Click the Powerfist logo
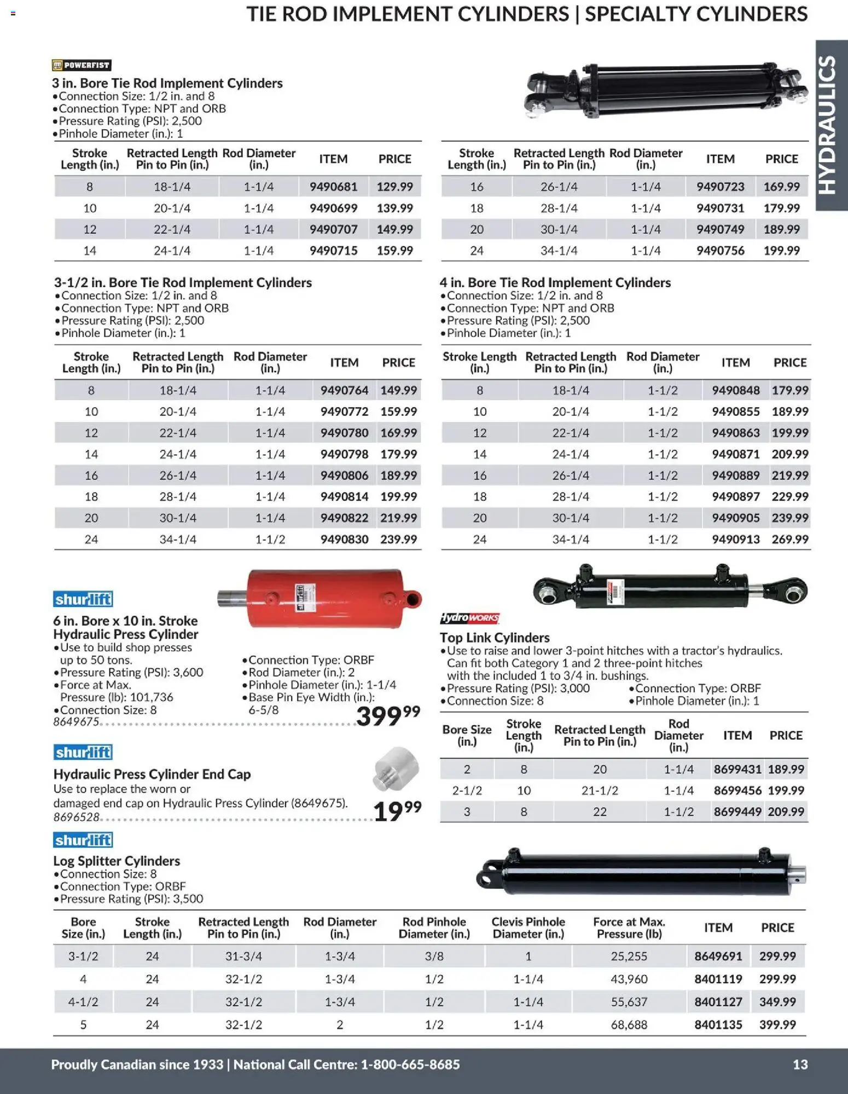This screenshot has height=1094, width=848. click(82, 65)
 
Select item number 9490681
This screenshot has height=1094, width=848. click(333, 187)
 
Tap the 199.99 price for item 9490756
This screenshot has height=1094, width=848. click(781, 251)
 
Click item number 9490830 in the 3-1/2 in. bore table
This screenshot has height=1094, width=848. click(344, 539)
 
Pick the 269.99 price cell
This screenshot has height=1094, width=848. click(789, 539)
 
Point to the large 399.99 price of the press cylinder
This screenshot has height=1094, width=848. click(388, 716)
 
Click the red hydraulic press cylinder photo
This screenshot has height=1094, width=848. click(323, 598)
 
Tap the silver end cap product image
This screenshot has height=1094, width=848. click(396, 768)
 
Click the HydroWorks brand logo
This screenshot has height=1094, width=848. click(469, 618)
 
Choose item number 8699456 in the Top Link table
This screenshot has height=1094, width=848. click(737, 790)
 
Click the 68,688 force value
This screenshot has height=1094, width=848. click(629, 1024)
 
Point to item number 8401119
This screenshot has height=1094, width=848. click(718, 979)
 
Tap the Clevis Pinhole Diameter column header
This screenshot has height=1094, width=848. click(528, 928)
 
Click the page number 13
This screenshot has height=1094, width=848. click(800, 1064)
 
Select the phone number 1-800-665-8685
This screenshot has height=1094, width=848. click(410, 1064)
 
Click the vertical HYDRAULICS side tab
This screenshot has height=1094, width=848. click(831, 125)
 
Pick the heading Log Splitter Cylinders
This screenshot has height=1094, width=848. click(117, 861)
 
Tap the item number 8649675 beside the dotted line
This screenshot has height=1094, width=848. click(76, 722)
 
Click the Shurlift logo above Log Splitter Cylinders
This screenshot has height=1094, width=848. click(83, 840)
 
